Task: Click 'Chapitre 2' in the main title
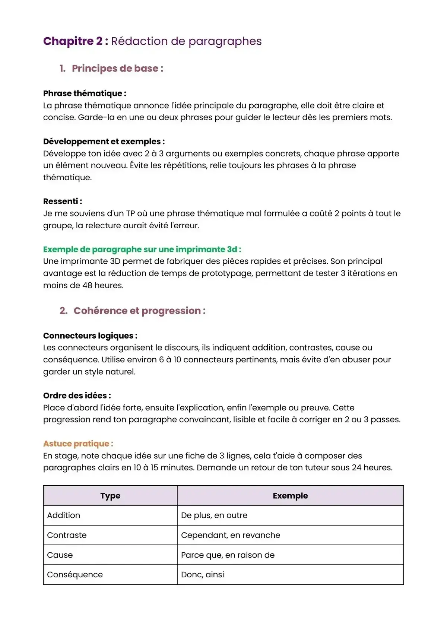click(73, 41)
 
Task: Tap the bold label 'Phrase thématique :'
click(85, 93)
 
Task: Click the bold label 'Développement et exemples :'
click(104, 142)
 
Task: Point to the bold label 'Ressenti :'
click(63, 201)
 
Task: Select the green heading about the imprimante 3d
click(142, 250)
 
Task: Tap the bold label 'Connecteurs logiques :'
click(90, 336)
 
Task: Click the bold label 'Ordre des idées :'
click(77, 396)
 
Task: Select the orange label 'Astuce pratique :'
click(78, 444)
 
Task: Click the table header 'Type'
click(110, 496)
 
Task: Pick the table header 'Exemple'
click(290, 496)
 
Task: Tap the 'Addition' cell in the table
click(64, 515)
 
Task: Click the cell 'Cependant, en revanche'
click(231, 535)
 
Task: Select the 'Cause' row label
click(60, 555)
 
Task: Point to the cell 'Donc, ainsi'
click(203, 575)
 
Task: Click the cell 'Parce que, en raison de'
click(228, 555)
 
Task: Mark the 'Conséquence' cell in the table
click(75, 575)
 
